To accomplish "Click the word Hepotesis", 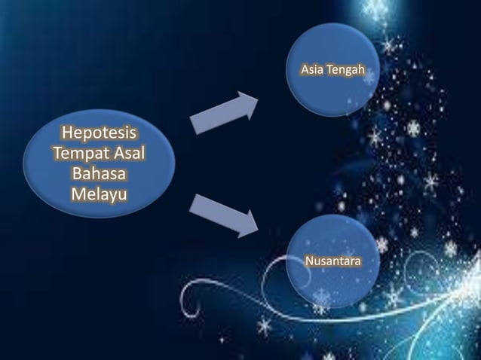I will [x=100, y=135].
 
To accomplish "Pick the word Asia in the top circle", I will [x=312, y=72].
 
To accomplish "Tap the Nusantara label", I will [x=332, y=261].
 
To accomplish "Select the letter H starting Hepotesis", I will [x=66, y=135].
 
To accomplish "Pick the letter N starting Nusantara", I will [x=308, y=261].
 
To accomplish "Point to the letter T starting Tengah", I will [x=329, y=72].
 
